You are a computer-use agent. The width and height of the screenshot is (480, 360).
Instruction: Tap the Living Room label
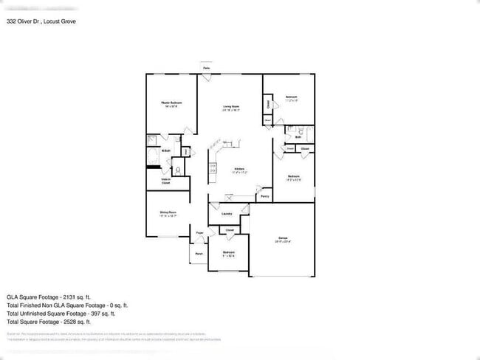pos(231,107)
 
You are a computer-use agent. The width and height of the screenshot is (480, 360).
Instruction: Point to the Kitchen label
pos(239,169)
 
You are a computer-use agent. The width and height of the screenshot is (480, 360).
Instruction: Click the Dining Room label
pos(168,213)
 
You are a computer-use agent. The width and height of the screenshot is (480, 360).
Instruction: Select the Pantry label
pos(264,196)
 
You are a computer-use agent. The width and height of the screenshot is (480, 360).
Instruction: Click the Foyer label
pos(199,234)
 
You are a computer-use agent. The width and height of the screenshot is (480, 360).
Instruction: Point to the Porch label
pos(199,255)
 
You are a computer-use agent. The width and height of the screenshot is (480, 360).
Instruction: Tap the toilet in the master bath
pos(176,167)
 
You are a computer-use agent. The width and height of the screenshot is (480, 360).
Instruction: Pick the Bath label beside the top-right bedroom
pos(298,137)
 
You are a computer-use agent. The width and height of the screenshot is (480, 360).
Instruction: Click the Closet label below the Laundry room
pos(230,230)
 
